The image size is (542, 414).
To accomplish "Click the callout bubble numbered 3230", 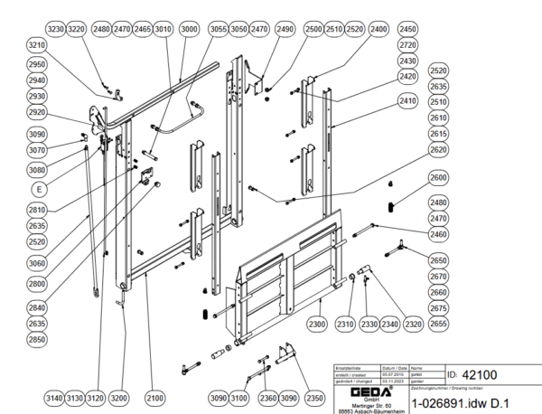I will [x=56, y=29].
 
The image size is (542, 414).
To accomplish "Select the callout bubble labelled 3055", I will [x=218, y=29].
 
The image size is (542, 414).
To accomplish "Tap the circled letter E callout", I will [x=38, y=189].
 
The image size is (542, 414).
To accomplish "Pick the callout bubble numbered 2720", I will [x=407, y=45].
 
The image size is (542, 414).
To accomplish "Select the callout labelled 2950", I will [x=37, y=65].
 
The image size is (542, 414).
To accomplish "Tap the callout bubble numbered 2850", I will [x=37, y=339].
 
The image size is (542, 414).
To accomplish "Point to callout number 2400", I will [x=378, y=29].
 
